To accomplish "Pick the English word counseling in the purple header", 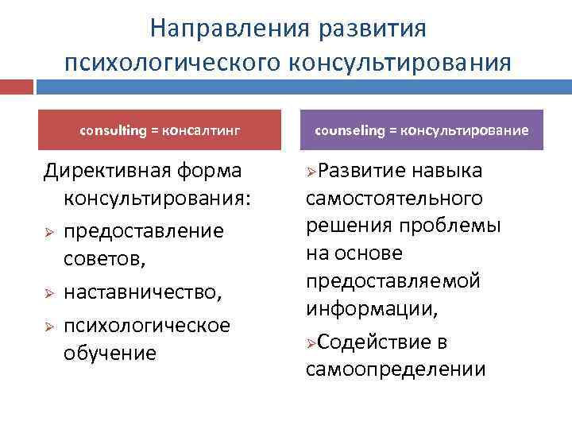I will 350,129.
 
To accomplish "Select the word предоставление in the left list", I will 144,230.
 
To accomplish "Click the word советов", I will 103,259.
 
